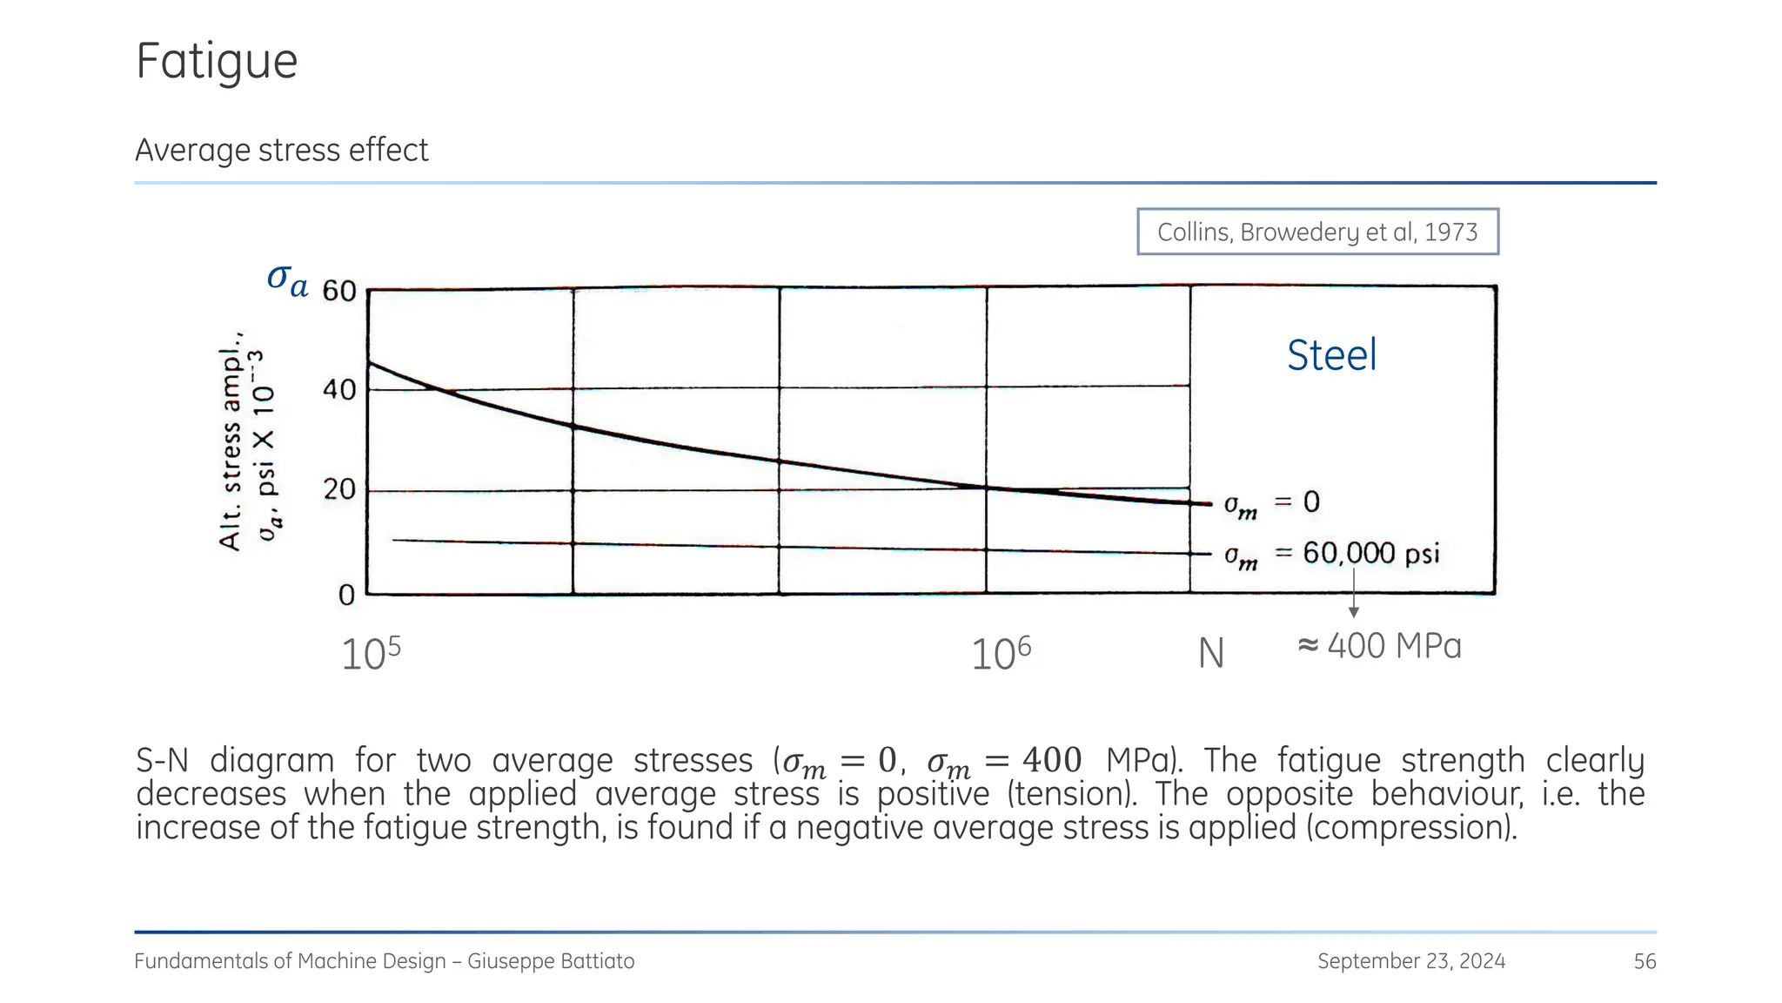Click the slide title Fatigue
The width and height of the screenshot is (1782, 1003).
[x=217, y=62]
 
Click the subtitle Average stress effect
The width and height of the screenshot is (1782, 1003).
[x=281, y=150]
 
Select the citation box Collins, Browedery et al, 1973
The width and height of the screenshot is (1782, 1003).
[x=1316, y=232]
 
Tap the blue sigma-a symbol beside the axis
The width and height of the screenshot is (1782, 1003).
[x=287, y=279]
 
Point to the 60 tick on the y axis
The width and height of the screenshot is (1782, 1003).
[x=339, y=291]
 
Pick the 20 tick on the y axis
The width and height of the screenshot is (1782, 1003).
[x=339, y=489]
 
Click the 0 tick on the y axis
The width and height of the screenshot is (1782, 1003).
[x=346, y=595]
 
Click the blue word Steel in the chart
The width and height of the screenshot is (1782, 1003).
[x=1331, y=355]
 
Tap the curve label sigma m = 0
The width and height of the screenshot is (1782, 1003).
[x=1271, y=503]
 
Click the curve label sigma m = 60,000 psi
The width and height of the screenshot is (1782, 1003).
[x=1331, y=554]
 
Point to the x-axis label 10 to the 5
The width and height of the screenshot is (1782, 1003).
[x=371, y=654]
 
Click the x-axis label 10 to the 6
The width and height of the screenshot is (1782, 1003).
[x=1001, y=654]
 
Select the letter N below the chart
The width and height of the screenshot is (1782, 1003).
[x=1210, y=654]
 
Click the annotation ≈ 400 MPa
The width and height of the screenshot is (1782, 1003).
[x=1379, y=646]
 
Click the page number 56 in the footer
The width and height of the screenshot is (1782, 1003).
[x=1645, y=961]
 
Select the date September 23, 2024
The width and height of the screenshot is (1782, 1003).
[x=1410, y=961]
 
